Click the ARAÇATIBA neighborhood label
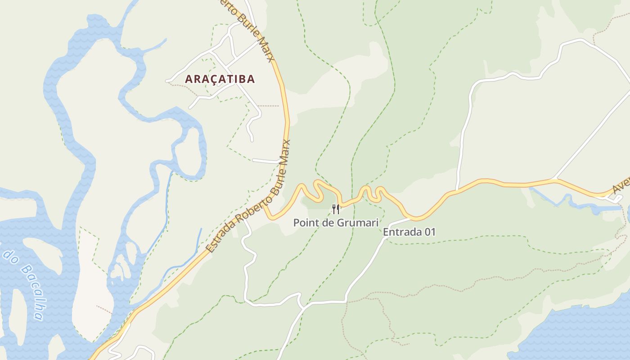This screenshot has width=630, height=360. click(x=220, y=79)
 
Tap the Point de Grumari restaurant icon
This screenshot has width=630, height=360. click(x=336, y=209)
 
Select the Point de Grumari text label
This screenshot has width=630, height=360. click(x=335, y=222)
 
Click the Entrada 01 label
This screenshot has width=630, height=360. click(x=409, y=232)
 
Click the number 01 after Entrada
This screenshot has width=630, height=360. click(x=429, y=232)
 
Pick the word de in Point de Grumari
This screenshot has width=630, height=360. click(x=329, y=222)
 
